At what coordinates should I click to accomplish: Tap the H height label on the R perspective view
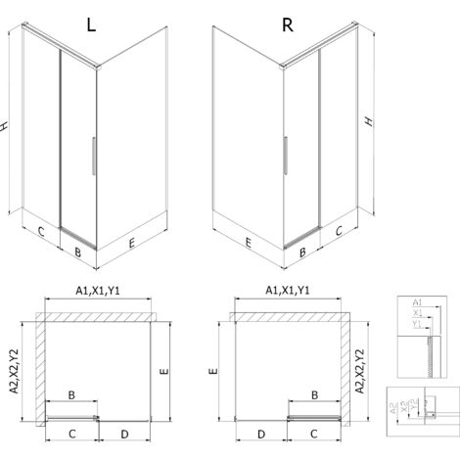coord(368,121)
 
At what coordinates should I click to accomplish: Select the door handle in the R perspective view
coord(284,156)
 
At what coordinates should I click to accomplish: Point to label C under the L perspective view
coord(41,232)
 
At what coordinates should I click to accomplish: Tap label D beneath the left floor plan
coord(124,433)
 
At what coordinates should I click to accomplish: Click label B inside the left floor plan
coord(70,394)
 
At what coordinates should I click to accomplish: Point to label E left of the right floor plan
coord(212,373)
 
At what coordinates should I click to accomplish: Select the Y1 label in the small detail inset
coord(416,324)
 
